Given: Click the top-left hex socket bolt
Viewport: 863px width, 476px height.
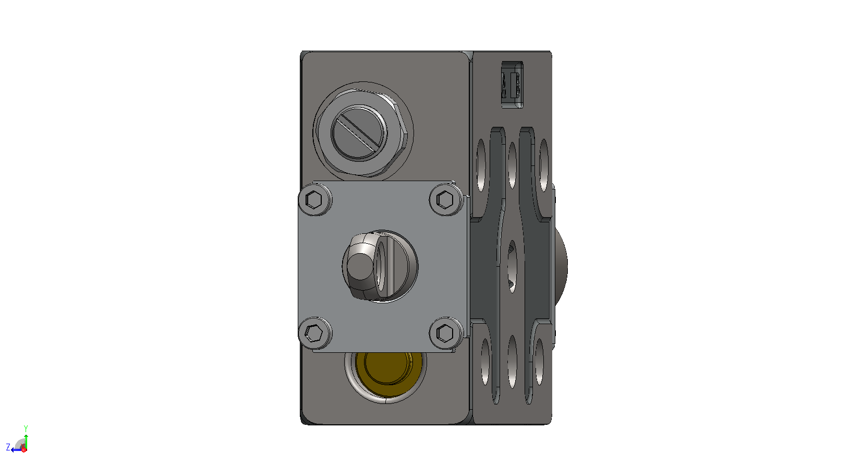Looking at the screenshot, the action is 315,200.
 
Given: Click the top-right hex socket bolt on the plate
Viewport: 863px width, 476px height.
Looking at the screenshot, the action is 446,199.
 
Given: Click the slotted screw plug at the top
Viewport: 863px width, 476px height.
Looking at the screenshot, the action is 359,133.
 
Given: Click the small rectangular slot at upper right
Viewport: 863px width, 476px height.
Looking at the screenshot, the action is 512,84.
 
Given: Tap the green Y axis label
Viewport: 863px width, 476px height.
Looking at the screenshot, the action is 26,429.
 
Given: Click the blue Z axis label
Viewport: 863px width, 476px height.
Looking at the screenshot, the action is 8,447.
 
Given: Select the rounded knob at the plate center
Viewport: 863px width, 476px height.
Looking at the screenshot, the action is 361,266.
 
